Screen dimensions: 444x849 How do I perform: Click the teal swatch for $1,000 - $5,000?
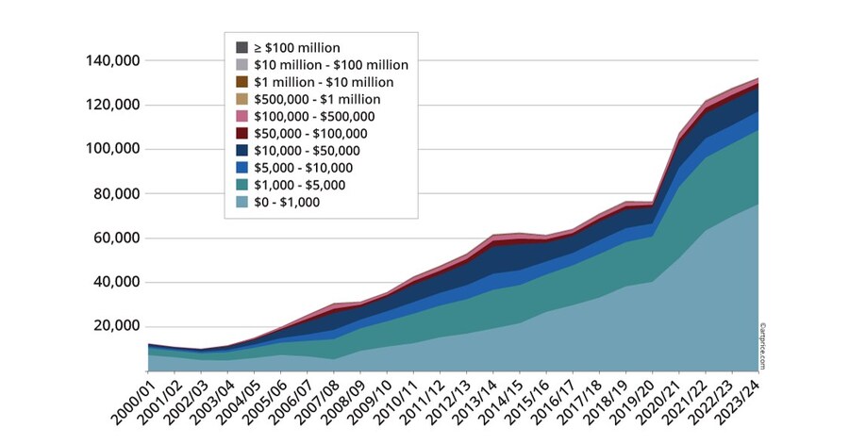coord(242,185)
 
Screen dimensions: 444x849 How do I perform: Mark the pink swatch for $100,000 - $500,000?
coord(242,116)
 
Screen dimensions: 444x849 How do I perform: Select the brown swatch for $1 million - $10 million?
coord(242,82)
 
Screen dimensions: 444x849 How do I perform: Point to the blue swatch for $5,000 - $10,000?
coord(242,168)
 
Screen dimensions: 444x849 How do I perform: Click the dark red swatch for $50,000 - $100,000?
coord(242,133)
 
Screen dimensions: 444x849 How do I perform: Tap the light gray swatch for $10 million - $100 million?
coord(242,65)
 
